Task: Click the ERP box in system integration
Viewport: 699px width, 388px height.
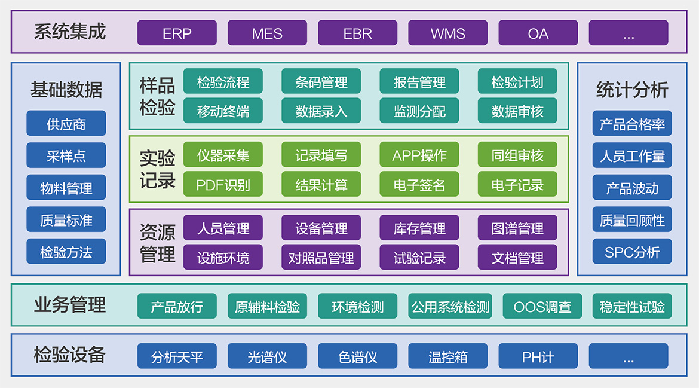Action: tap(177, 33)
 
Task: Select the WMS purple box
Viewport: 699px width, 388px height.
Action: tap(447, 33)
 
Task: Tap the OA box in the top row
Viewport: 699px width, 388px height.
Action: tap(538, 33)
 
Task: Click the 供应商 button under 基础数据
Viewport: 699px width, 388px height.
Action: tap(66, 124)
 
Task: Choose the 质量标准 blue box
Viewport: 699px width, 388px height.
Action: tap(66, 219)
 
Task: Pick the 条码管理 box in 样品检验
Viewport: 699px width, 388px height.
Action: tap(321, 81)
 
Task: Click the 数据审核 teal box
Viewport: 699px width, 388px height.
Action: tap(517, 111)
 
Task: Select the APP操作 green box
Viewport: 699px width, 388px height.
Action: tap(419, 155)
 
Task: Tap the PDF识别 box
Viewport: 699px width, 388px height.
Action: tap(223, 184)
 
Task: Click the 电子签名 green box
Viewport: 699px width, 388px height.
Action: tap(419, 184)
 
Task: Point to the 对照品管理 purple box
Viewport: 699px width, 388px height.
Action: tap(321, 257)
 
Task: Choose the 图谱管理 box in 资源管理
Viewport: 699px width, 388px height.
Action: tap(517, 228)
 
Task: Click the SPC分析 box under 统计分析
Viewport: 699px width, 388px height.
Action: tap(631, 252)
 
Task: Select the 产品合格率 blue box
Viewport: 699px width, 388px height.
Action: tap(631, 124)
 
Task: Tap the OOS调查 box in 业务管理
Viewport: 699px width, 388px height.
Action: tap(542, 306)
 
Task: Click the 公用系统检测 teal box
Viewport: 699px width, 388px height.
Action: tap(450, 306)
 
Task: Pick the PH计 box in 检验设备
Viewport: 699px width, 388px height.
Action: tap(538, 356)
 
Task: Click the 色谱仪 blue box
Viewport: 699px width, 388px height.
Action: tap(357, 356)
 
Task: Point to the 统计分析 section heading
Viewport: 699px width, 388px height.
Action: tap(631, 90)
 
